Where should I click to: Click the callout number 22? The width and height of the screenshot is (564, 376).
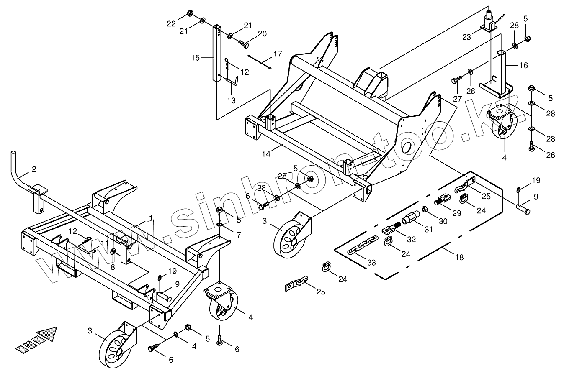coord(172,23)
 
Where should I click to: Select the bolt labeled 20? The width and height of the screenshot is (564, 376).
coord(243,42)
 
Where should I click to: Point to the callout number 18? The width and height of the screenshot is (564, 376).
coord(459,258)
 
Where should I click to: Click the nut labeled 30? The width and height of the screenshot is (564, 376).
coord(424,208)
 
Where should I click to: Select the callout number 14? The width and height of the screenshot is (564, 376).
coord(266,153)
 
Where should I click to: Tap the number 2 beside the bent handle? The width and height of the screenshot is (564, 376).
coord(34,169)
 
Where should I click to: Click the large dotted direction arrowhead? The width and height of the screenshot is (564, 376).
coord(47,334)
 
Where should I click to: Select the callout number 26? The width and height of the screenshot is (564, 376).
coord(551,155)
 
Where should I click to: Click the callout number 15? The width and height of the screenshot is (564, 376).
coord(195,57)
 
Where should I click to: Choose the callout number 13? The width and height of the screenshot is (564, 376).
coord(231,100)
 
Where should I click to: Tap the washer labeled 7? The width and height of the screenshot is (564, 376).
coord(220,226)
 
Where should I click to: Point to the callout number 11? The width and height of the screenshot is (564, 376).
coord(105,242)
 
